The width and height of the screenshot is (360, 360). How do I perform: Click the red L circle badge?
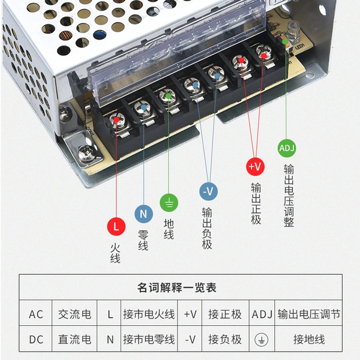tap(116, 226)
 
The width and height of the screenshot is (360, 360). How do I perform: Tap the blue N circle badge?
tap(144, 214)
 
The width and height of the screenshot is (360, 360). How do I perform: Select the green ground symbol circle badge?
tap(169, 203)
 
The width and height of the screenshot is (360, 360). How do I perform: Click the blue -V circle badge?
tap(208, 191)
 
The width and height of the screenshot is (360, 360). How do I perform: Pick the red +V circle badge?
tap(256, 166)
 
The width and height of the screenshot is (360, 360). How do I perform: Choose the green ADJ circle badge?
tap(287, 148)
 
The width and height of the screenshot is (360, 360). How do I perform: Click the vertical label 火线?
tap(115, 253)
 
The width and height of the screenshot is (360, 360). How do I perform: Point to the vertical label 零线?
tap(143, 241)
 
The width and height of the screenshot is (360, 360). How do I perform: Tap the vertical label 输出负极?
tap(207, 228)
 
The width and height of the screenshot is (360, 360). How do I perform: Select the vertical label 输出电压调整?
tap(289, 196)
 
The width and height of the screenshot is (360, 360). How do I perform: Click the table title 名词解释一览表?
tap(177, 287)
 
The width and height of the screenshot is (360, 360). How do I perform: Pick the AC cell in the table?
tap(36, 314)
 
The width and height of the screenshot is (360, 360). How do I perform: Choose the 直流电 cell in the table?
tap(74, 340)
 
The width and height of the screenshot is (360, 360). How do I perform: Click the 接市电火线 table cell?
tap(149, 314)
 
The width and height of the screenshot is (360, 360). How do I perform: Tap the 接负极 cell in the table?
tap(225, 340)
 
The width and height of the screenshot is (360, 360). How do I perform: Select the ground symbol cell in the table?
tap(262, 340)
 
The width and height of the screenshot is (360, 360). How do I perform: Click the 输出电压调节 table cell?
tap(309, 314)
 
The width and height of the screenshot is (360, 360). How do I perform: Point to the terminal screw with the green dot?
tap(167, 97)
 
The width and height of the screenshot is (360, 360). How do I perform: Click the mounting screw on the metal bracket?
tap(87, 154)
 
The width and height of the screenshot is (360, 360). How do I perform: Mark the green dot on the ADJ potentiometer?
tap(285, 42)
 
